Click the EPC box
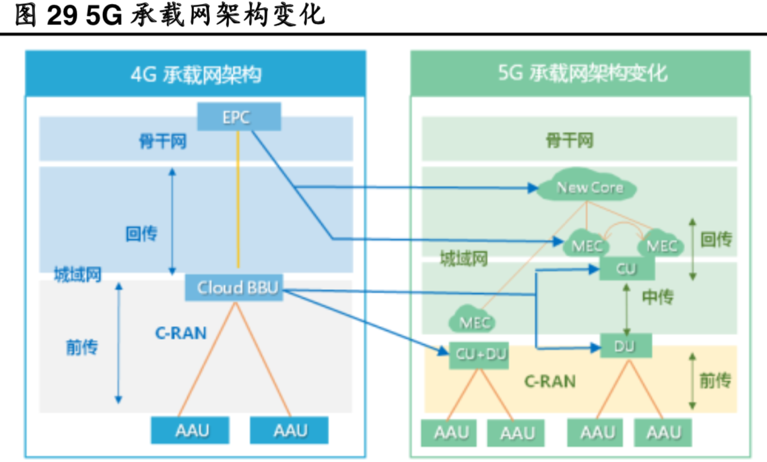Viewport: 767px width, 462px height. (x=239, y=117)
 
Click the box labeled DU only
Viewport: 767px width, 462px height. (x=626, y=346)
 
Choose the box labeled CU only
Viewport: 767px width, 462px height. (x=626, y=269)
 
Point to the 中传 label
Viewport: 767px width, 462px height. (x=657, y=297)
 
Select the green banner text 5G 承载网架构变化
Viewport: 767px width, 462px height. (x=582, y=73)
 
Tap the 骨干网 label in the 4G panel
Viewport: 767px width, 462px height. (x=162, y=141)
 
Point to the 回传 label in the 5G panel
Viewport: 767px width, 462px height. (x=716, y=239)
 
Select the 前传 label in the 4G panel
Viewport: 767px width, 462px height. (x=81, y=347)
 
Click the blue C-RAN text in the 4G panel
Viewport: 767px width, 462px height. (x=181, y=333)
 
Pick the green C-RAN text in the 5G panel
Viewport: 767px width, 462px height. (x=549, y=381)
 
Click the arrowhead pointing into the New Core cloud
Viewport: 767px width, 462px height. (x=533, y=188)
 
